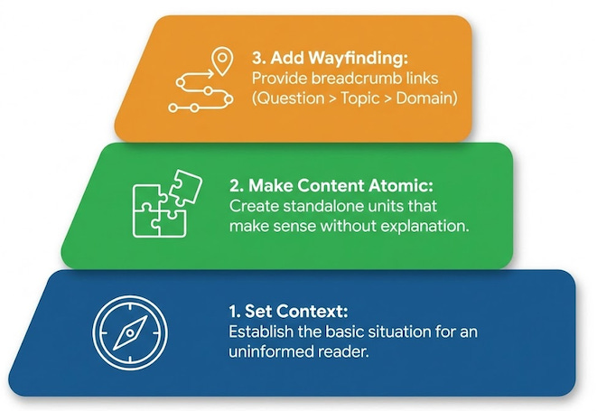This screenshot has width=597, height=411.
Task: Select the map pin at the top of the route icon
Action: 218,61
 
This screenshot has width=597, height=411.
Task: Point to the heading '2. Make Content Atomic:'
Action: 332,186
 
